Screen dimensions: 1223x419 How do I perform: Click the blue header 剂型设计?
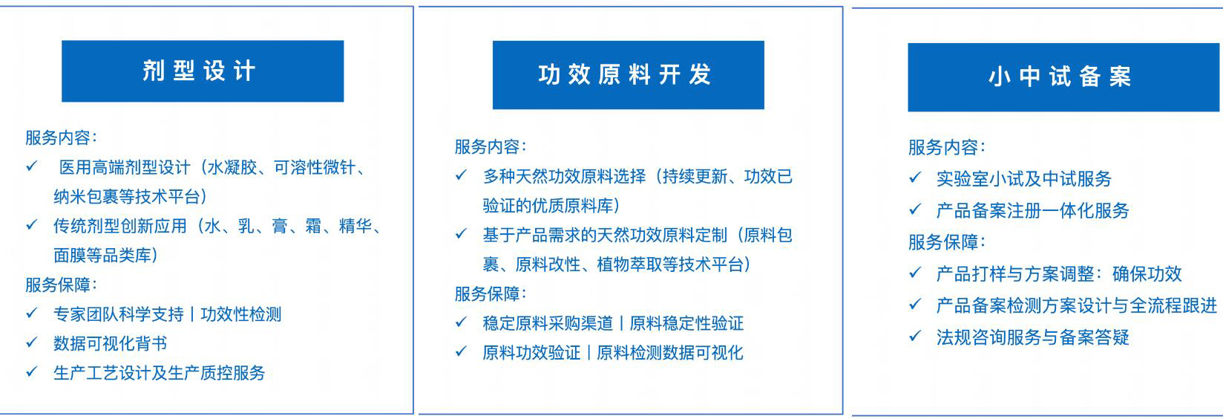point(203,71)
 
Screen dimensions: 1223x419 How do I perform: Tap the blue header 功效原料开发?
point(629,75)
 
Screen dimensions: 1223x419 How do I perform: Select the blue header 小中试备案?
point(1063,77)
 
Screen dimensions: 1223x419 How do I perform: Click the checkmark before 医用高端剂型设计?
point(32,166)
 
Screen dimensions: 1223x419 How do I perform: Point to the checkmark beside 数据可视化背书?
point(32,342)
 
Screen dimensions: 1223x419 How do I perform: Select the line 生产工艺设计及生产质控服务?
point(159,373)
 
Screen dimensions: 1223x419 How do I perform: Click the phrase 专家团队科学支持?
point(119,314)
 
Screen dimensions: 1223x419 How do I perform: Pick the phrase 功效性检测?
point(240,314)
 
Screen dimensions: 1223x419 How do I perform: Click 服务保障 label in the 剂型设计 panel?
point(58,285)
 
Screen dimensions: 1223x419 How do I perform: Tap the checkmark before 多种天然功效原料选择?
point(462,175)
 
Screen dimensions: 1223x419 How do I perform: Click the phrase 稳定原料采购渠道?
point(548,323)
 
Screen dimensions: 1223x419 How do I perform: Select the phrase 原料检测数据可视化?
point(669,353)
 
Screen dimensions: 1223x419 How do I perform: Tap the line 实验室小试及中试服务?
point(1023,178)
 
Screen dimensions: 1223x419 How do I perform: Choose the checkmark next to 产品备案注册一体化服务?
point(915,209)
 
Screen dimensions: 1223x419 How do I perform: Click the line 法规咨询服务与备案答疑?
point(1032,337)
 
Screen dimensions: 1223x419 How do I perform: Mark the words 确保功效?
point(1147,273)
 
